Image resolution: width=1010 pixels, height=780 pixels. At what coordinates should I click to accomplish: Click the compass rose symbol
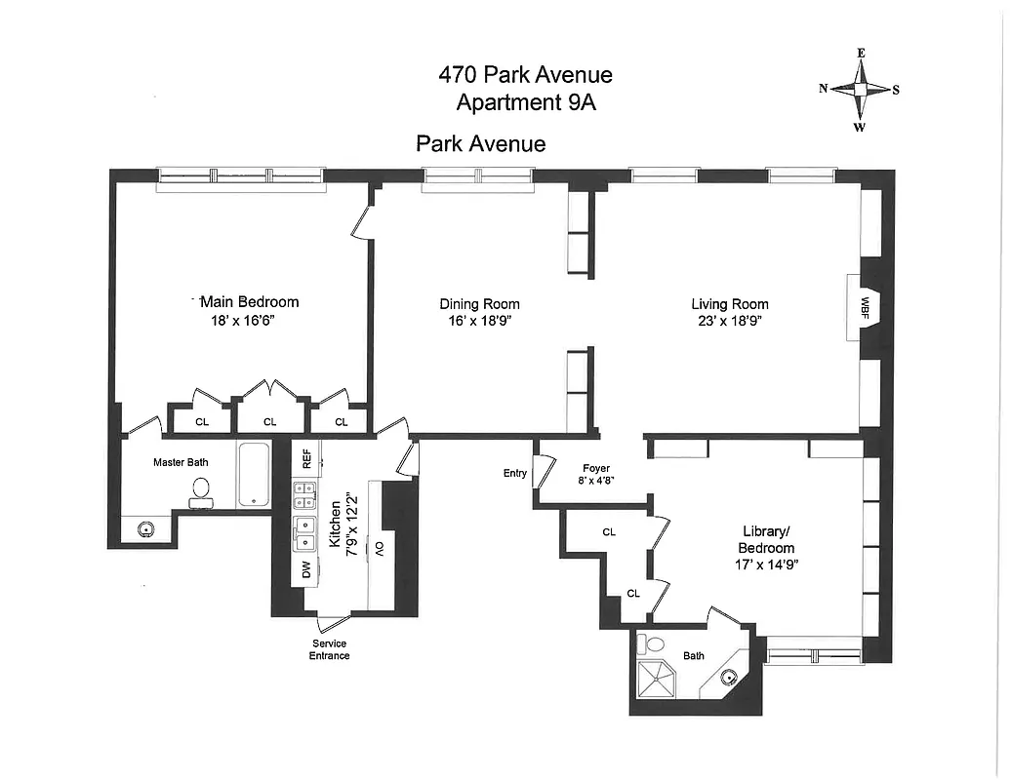coord(860,89)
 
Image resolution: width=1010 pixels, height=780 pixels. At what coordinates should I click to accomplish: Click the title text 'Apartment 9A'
coord(525,102)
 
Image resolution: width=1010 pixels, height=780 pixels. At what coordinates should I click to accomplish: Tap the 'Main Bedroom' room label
coord(249,301)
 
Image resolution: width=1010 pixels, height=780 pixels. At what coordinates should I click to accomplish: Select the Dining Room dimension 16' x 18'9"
coord(478,321)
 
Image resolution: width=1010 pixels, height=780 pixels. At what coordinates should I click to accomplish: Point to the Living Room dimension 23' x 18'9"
coord(729,321)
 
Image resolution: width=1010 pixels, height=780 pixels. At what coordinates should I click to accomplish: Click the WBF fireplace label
coord(865,306)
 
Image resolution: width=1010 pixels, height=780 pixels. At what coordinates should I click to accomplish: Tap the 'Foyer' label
coord(596,468)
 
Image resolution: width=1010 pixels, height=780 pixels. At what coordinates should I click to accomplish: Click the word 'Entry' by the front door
coord(514,474)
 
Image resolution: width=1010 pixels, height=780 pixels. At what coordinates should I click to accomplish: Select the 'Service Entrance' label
coord(330,649)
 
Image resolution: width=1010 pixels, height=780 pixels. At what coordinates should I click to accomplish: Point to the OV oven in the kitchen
coord(380,549)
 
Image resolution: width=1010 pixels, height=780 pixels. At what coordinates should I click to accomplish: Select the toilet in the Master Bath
coord(202,491)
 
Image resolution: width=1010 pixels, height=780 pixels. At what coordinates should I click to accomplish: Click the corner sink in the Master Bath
coord(144,529)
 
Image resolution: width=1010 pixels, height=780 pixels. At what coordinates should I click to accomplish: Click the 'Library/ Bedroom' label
coord(766,547)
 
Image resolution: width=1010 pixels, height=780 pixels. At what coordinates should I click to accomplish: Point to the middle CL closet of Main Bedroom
coord(270,420)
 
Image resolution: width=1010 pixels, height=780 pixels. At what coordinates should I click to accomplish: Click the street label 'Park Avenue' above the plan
coord(480,144)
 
